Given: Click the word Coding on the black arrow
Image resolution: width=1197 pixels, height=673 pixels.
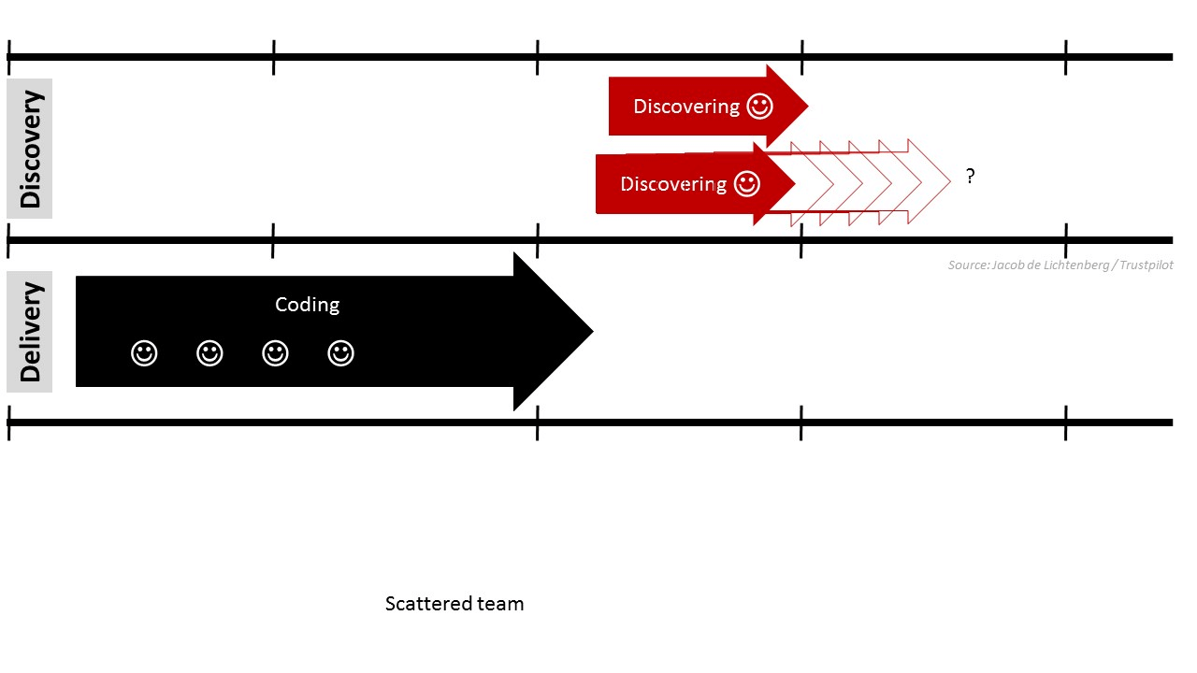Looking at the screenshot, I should click(307, 305).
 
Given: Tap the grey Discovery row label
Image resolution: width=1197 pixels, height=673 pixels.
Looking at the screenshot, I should click(30, 149).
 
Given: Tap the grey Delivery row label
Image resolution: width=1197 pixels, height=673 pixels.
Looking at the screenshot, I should click(30, 332).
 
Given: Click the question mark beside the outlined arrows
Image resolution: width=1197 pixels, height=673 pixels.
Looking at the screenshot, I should click(971, 176).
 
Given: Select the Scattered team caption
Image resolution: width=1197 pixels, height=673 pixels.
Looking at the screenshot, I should click(454, 604).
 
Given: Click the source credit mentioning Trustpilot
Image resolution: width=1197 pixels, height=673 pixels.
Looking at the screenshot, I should click(1060, 265).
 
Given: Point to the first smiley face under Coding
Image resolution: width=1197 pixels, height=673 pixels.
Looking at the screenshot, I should click(144, 353).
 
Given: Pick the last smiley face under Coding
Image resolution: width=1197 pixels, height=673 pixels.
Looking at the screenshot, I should click(340, 353).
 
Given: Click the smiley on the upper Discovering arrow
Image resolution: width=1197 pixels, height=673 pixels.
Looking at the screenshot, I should click(759, 107).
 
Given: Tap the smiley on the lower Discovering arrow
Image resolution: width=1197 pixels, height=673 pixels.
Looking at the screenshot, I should click(746, 184).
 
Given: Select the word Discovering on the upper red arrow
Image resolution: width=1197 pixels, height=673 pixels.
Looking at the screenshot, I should click(686, 107).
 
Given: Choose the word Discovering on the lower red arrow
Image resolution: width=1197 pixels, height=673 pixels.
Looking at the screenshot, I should click(673, 184).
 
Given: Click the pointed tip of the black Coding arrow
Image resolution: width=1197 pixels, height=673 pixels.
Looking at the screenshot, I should click(591, 331).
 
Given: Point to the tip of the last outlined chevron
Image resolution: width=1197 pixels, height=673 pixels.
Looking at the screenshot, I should click(949, 181).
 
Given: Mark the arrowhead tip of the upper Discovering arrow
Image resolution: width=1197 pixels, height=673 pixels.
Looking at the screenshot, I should click(806, 107).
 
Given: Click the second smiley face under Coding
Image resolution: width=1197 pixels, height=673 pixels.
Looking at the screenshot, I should click(209, 353).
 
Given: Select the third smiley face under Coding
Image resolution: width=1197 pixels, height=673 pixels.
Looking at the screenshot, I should click(275, 353).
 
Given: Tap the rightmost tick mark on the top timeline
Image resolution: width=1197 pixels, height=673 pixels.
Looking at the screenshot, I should click(1066, 57).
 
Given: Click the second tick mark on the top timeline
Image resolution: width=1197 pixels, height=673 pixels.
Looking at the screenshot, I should click(273, 57).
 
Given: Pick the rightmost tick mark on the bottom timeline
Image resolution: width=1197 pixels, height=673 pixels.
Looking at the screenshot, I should click(1066, 422).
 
